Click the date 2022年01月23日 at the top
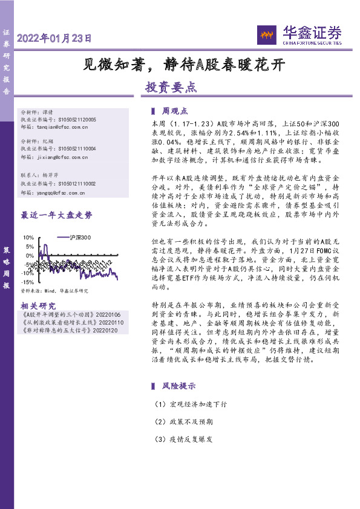tap(54, 38)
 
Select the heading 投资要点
tap(171, 87)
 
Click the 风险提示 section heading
tap(178, 385)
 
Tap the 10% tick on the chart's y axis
tap(28, 238)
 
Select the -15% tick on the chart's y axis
tap(27, 282)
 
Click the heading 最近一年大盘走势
tap(56, 215)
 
